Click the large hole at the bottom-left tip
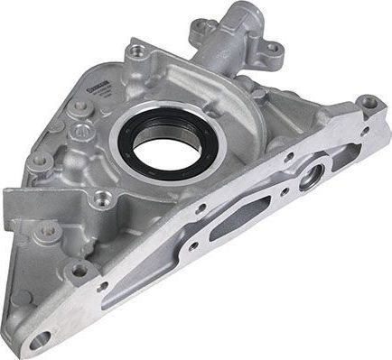pos(41,339)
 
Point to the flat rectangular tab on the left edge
pos(20,205)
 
